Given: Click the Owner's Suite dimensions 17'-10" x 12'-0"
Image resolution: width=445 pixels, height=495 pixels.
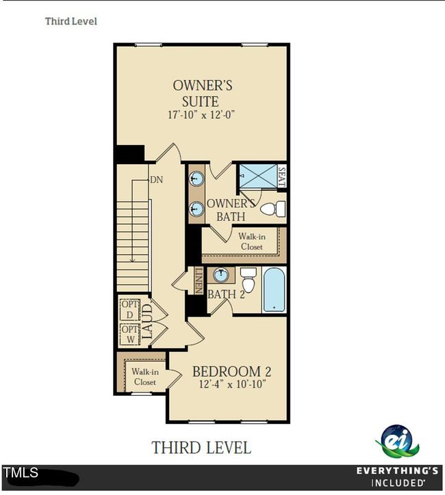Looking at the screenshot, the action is (201, 114).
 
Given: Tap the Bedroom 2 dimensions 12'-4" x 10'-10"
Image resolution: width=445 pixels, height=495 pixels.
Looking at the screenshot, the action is (232, 384).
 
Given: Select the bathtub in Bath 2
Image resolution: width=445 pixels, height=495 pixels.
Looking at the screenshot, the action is (274, 290).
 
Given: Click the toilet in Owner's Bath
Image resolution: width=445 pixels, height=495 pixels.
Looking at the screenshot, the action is (273, 209).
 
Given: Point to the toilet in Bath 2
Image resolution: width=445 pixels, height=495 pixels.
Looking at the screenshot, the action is (249, 280).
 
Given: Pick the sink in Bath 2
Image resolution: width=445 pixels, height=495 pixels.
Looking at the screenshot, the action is (221, 275).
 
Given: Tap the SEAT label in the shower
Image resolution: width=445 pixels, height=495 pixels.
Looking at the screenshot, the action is (281, 177).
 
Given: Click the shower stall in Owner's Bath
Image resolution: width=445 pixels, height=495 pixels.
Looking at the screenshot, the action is (258, 176).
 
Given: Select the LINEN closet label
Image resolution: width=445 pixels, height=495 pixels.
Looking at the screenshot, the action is (199, 280).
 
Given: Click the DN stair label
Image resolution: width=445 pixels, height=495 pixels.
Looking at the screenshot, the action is (157, 180).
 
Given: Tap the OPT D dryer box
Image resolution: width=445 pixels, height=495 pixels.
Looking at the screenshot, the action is (130, 309).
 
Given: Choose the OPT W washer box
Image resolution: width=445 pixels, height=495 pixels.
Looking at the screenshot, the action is (130, 334).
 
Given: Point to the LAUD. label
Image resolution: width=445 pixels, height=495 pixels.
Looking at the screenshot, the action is (147, 322).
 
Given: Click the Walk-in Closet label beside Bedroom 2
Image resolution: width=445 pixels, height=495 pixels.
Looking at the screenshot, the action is (145, 377).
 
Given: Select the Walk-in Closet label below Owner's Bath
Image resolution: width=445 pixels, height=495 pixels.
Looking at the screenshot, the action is (252, 241).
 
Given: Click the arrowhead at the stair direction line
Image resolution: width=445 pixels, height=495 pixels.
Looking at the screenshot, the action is (132, 260).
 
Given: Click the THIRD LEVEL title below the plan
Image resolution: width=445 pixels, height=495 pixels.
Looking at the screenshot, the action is (201, 448).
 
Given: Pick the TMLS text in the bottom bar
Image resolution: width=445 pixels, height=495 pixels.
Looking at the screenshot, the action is (21, 472).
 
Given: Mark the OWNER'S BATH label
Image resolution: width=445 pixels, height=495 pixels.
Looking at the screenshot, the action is (231, 210).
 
